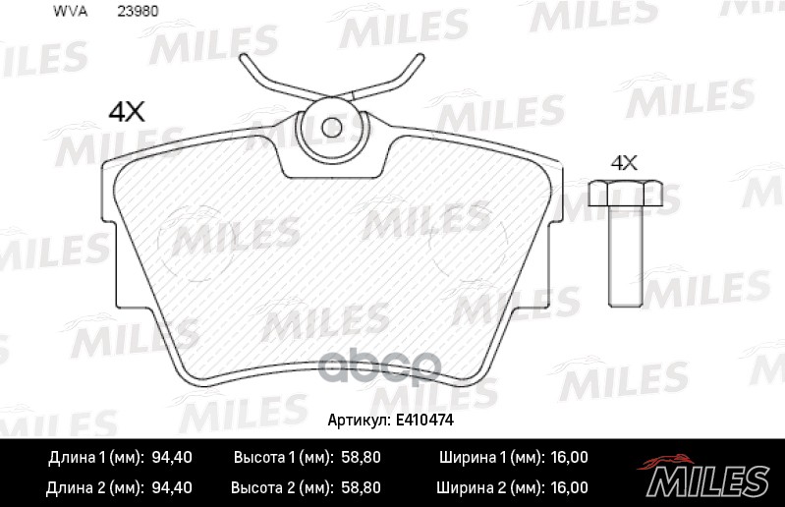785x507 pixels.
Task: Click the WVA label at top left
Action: (x=70, y=12)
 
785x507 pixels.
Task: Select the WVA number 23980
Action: (x=138, y=12)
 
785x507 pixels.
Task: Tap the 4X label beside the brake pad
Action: (x=127, y=112)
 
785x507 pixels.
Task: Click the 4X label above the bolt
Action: (x=624, y=163)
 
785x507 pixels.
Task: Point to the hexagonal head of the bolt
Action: (x=625, y=194)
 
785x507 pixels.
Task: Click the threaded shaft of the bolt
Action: (x=626, y=255)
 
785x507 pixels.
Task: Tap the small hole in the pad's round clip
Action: (x=331, y=128)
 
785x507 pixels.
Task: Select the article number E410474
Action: (x=424, y=420)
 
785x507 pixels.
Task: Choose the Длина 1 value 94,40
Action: (x=172, y=458)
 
